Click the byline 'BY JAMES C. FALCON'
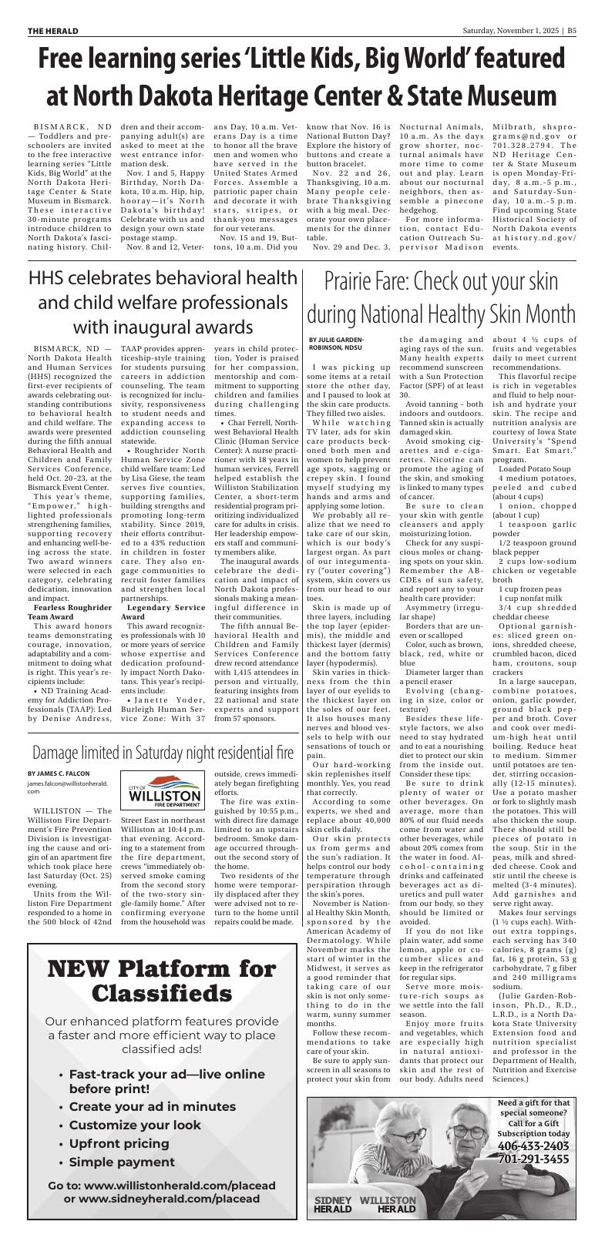click(x=59, y=773)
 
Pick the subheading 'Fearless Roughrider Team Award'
click(x=68, y=612)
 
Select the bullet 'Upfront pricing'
click(x=119, y=1143)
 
